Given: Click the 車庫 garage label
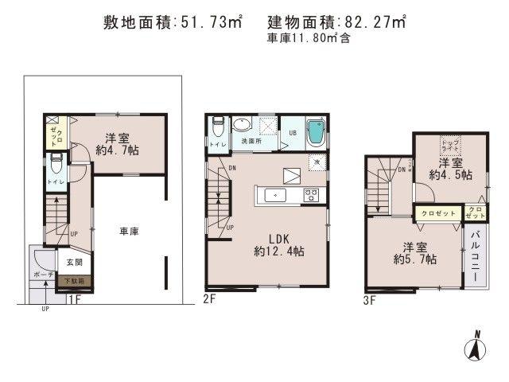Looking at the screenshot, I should pos(130,232).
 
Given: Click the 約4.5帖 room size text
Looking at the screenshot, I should pos(449,173).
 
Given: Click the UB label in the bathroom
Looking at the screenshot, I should pos(292,132).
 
